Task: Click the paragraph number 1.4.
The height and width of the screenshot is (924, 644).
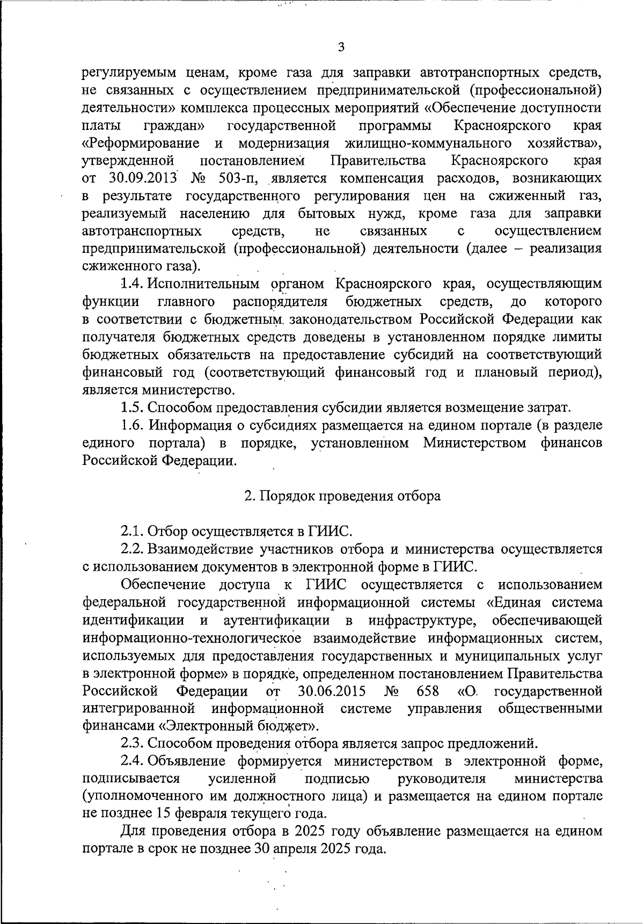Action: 131,283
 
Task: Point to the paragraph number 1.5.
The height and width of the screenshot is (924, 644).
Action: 131,408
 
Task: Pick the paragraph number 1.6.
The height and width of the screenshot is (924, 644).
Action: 131,426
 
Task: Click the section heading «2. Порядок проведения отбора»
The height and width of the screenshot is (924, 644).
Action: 342,496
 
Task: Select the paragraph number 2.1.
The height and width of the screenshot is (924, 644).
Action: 131,532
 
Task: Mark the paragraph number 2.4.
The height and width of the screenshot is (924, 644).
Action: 131,761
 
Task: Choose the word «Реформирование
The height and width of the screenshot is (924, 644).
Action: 141,143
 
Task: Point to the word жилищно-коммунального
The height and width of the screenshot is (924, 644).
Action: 428,143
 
